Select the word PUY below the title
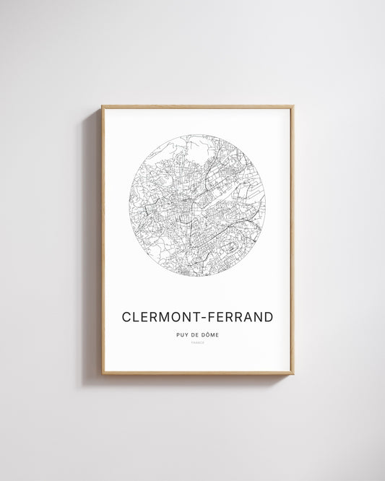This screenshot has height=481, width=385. [x=181, y=334]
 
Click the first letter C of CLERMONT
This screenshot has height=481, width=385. [x=127, y=317]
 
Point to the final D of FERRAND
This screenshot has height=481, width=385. [x=269, y=317]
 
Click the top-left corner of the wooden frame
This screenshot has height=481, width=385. [x=103, y=107]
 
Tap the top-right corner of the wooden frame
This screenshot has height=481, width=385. [x=293, y=107]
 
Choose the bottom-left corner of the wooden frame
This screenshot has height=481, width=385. [x=103, y=373]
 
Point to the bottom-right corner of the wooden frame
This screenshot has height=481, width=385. [x=293, y=373]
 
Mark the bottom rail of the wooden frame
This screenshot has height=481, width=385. [x=197, y=373]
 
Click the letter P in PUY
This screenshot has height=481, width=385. [x=177, y=334]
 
